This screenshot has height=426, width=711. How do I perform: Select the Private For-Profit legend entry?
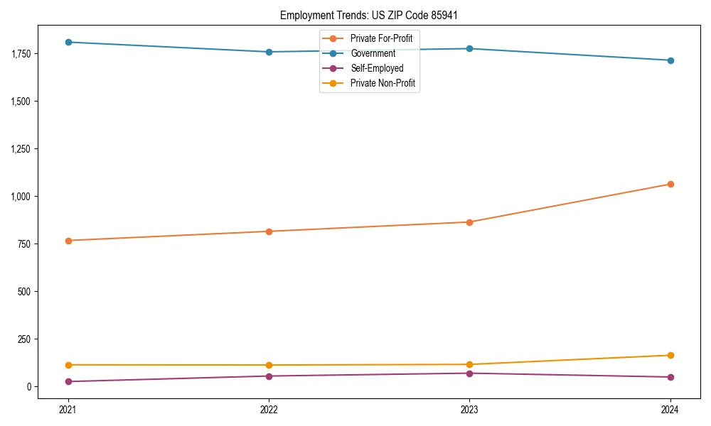(381, 38)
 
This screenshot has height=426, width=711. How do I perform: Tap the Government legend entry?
(373, 53)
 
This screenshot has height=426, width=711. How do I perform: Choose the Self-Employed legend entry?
(377, 68)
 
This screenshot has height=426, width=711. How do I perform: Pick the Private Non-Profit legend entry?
(383, 83)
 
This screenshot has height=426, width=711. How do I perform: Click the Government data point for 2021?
(68, 42)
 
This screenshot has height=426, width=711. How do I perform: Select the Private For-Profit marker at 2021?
(68, 241)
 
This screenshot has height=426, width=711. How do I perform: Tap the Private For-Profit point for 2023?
(469, 222)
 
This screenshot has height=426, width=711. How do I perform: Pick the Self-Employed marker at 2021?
(68, 381)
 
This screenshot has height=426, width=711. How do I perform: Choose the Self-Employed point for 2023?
(469, 373)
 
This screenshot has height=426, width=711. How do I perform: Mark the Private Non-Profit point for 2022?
(269, 365)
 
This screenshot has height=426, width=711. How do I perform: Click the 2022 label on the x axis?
(269, 409)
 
